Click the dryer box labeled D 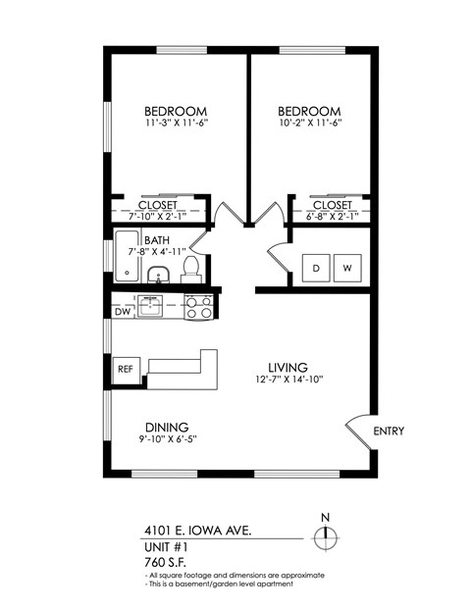316,267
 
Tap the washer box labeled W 347,267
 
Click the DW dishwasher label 121,312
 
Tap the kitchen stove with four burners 198,308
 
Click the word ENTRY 390,431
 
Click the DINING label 167,427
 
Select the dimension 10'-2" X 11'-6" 309,125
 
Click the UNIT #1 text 164,546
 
